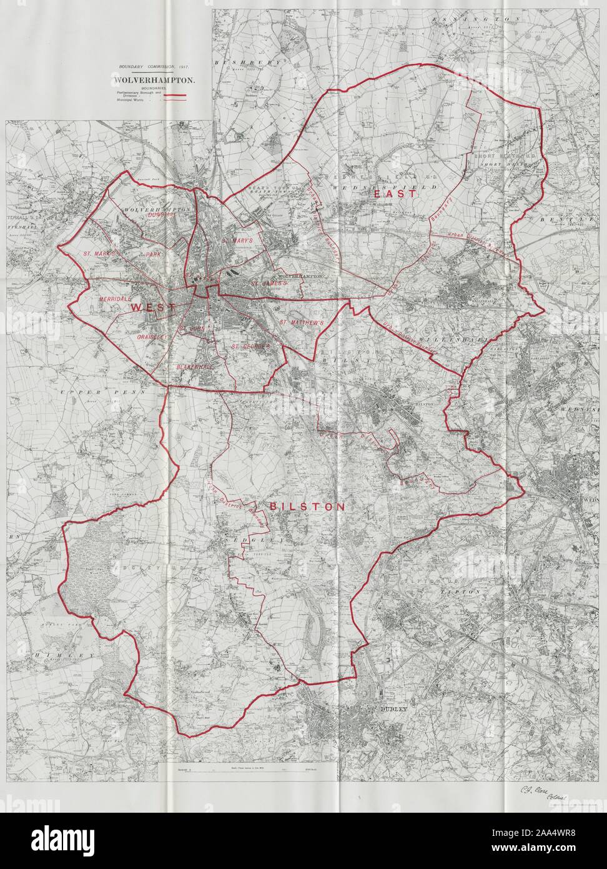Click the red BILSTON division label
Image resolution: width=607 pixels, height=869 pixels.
[x=307, y=507]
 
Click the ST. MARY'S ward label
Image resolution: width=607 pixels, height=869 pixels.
[x=237, y=240]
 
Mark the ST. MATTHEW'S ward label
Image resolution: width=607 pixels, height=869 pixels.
[x=301, y=323]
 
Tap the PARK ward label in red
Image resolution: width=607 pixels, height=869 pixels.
[x=153, y=256]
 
